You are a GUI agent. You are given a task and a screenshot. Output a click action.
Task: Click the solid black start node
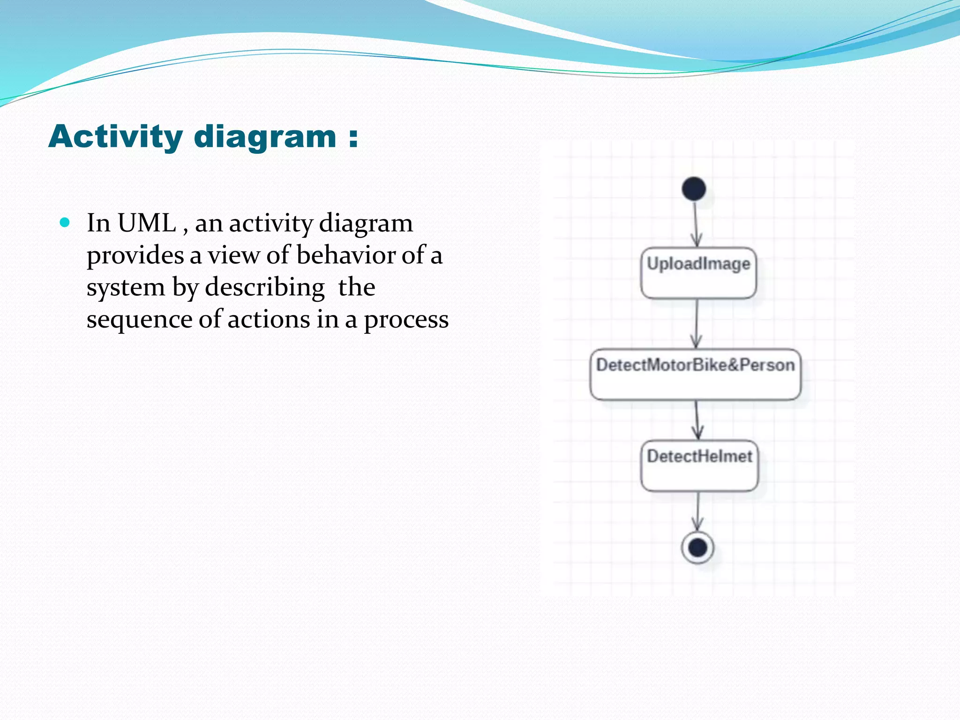[x=694, y=189]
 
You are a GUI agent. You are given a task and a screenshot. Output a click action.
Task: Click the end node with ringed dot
[x=697, y=547]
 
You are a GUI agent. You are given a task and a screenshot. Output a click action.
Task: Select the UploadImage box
[x=698, y=273]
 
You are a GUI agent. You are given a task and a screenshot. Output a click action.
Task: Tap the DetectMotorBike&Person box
[x=696, y=375]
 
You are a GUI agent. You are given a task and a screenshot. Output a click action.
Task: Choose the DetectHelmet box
[x=699, y=466]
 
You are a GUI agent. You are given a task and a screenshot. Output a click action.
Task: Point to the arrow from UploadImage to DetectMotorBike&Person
[x=697, y=323]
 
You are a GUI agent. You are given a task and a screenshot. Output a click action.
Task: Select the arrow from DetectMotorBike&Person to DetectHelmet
[x=697, y=420]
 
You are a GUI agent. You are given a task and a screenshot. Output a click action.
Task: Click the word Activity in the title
[x=115, y=137]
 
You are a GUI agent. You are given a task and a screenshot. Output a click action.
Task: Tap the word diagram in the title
[x=265, y=137]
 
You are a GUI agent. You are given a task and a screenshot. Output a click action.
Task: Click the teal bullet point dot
[x=65, y=222]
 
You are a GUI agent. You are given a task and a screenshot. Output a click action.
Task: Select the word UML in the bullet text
[x=146, y=223]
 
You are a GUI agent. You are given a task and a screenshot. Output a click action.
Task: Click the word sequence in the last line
[x=139, y=320]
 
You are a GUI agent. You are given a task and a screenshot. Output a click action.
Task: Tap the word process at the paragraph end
[x=406, y=320]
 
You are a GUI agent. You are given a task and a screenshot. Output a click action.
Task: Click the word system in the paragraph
[x=125, y=287]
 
